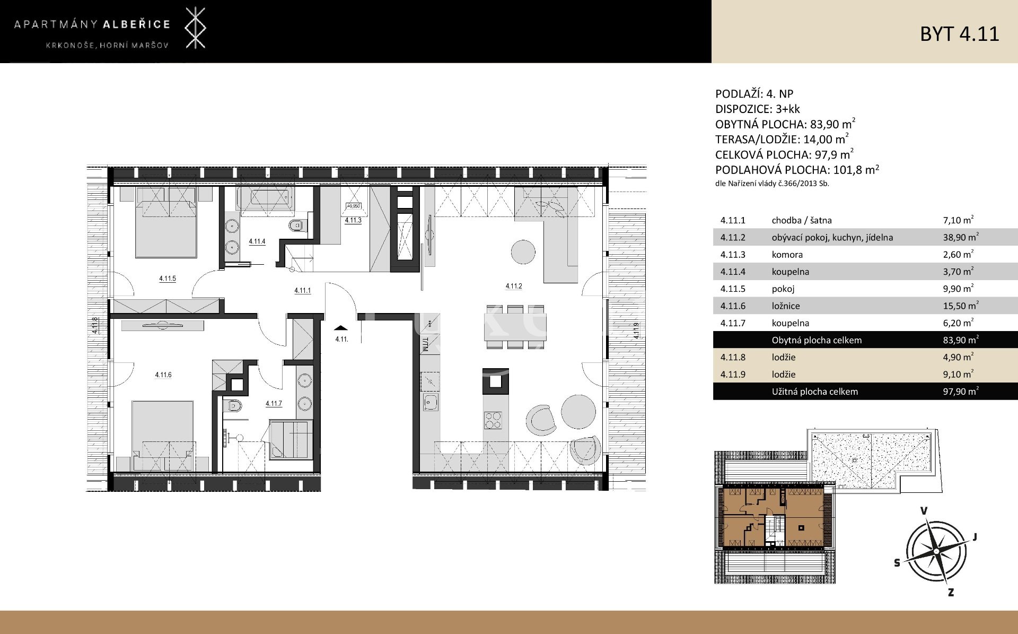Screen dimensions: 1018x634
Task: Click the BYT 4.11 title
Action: point(959,33)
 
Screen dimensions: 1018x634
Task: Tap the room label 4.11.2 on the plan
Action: point(513,286)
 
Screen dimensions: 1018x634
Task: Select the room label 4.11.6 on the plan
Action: point(163,375)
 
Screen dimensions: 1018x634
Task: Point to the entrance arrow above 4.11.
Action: point(341,328)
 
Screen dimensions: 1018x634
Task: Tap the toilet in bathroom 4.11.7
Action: point(233,407)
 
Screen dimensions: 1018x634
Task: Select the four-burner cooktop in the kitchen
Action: point(493,421)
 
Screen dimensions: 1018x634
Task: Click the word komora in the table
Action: point(787,255)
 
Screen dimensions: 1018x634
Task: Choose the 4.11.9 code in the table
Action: point(733,375)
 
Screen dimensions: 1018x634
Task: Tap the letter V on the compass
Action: point(924,511)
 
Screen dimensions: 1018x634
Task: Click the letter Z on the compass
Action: point(951,593)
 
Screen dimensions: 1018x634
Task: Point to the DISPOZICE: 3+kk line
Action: point(758,109)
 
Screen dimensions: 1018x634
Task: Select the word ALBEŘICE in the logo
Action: point(136,24)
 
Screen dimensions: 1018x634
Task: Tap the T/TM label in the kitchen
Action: point(425,345)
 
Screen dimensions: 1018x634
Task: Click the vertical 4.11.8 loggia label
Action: point(95,325)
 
